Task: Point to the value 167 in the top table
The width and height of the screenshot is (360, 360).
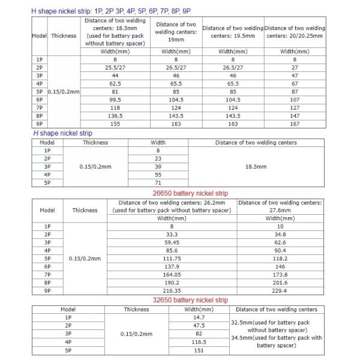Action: click(295, 122)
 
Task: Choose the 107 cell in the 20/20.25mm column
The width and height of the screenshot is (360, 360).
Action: click(295, 99)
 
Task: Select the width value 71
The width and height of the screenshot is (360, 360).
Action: click(158, 182)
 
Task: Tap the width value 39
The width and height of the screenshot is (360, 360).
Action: click(158, 166)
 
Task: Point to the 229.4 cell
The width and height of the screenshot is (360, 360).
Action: click(280, 290)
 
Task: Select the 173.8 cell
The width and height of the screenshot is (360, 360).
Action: click(280, 274)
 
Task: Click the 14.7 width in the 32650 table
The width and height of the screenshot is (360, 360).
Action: click(199, 317)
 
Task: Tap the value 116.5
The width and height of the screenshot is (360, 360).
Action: click(199, 341)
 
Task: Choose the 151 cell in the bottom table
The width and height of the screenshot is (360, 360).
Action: click(199, 350)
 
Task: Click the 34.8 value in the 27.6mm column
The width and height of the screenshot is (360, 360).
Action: click(280, 235)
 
